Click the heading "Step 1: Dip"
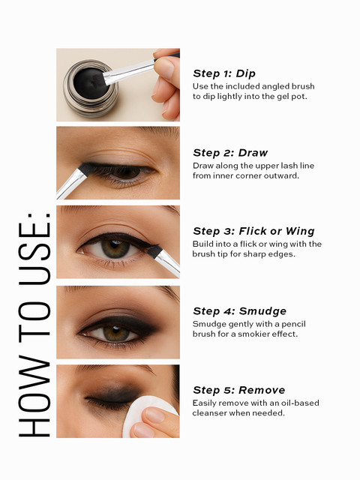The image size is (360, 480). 224,73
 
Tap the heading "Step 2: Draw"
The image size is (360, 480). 230,153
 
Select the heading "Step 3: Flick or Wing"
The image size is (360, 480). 253,231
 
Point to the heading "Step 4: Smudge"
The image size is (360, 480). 240,311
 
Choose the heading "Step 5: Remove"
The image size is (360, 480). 239,390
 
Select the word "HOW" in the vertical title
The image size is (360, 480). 34,395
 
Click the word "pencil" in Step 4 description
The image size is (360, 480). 293,324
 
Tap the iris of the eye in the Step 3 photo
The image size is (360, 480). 115,248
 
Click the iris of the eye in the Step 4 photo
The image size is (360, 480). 116,332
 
